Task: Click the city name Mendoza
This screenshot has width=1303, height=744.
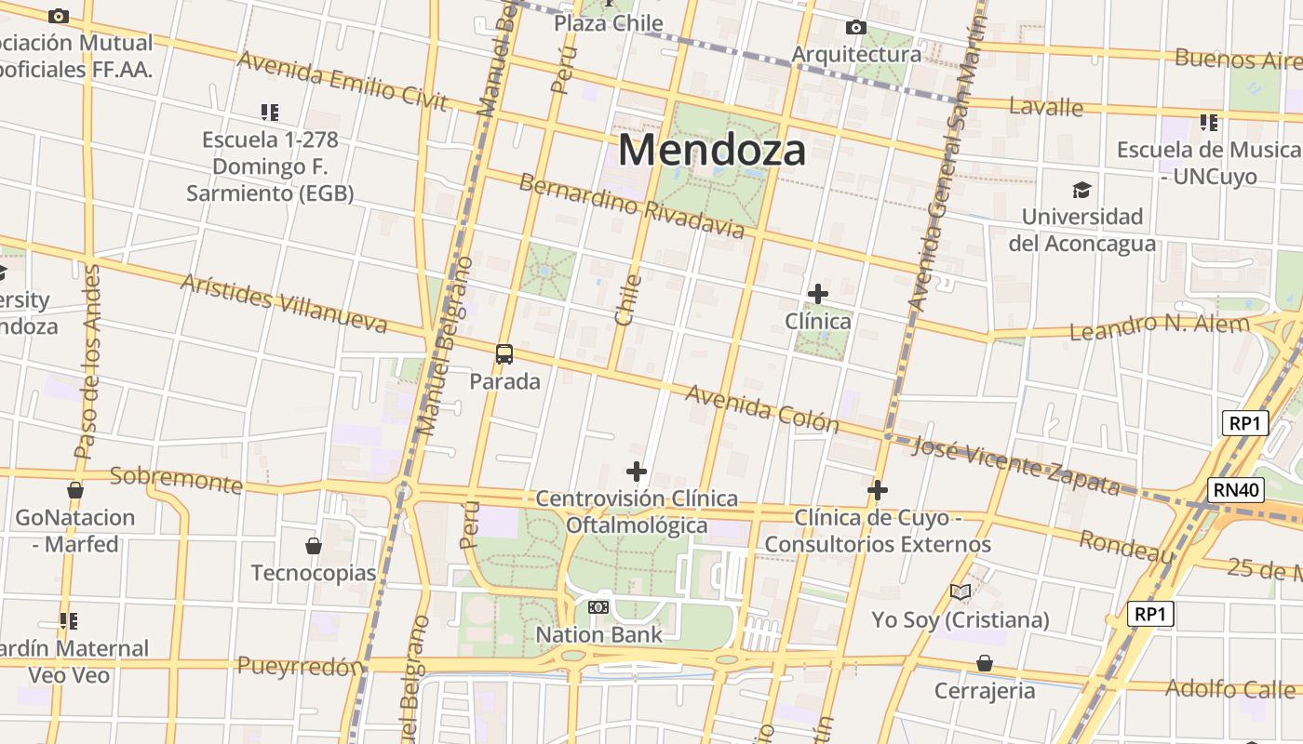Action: click(x=712, y=149)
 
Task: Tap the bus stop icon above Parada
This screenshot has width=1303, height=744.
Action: click(x=504, y=354)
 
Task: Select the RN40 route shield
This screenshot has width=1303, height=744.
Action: click(x=1238, y=490)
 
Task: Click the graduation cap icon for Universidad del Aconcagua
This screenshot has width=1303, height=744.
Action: click(x=1081, y=191)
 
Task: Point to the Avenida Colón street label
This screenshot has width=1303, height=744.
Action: click(x=762, y=409)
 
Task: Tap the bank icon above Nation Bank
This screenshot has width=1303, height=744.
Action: click(x=598, y=607)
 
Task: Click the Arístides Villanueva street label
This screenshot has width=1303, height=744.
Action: click(x=284, y=303)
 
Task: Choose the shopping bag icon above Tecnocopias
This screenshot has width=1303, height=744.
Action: click(x=314, y=546)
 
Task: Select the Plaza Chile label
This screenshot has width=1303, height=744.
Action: click(x=609, y=23)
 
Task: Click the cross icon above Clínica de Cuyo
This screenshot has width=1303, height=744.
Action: click(x=877, y=490)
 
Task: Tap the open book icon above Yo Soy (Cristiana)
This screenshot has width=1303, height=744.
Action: click(x=960, y=591)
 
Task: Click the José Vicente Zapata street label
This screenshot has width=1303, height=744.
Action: click(x=1016, y=465)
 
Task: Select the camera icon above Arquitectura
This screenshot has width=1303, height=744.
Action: click(x=855, y=28)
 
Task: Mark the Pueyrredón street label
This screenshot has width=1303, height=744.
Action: click(x=300, y=666)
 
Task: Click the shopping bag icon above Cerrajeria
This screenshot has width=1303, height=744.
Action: click(x=985, y=663)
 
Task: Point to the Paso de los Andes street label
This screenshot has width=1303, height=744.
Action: click(x=88, y=363)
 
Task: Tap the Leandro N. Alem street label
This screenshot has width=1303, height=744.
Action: click(x=1160, y=326)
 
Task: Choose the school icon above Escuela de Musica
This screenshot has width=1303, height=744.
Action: click(x=1209, y=122)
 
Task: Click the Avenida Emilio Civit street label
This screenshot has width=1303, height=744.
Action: click(x=343, y=80)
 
